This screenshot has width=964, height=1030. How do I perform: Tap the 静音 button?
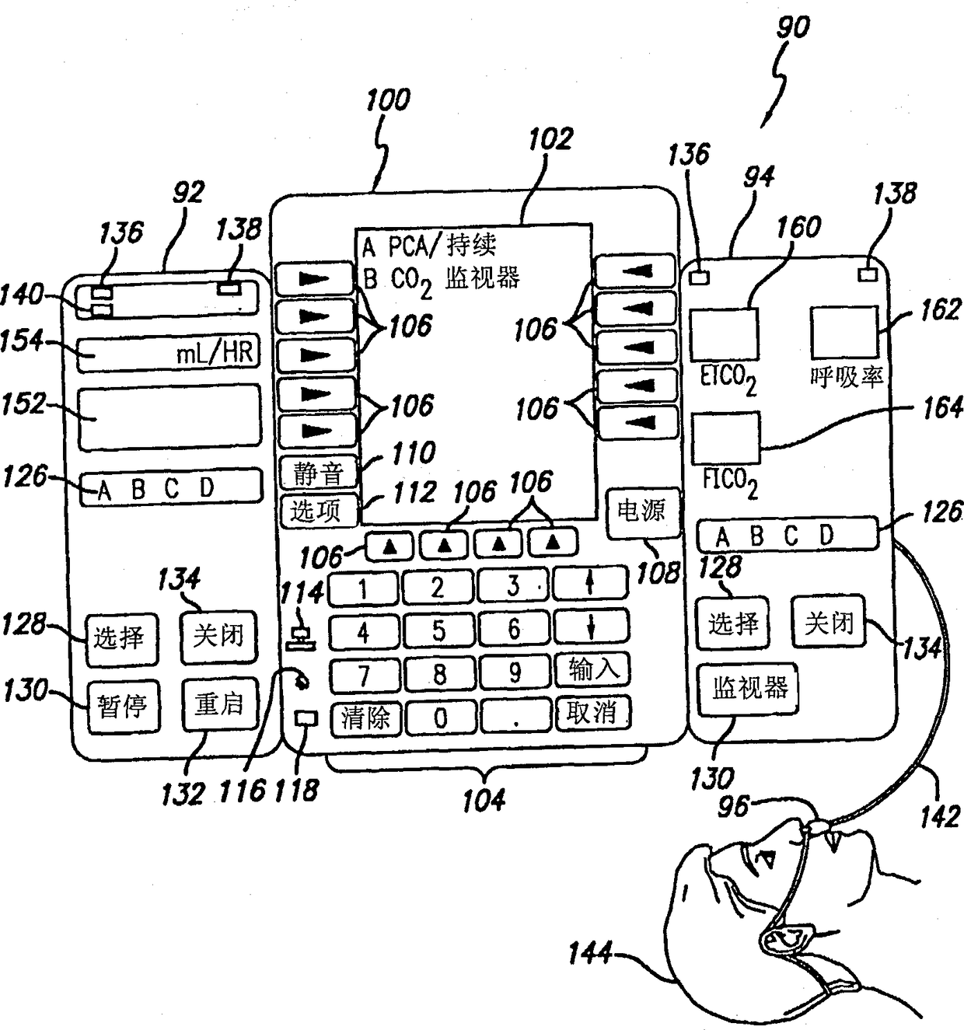[x=318, y=472]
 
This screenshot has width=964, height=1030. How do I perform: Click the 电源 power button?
[x=642, y=512]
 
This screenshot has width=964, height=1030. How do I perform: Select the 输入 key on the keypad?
[x=592, y=669]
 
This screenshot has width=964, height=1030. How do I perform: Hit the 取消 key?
[x=592, y=713]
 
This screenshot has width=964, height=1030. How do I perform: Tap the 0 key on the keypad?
[x=441, y=718]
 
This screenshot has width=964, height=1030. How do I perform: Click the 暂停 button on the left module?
[x=123, y=707]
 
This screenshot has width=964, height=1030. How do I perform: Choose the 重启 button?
[x=220, y=704]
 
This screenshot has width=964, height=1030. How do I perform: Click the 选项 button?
[x=318, y=512]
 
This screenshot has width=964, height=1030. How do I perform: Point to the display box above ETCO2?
[x=725, y=334]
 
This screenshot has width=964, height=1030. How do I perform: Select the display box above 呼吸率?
[x=845, y=332]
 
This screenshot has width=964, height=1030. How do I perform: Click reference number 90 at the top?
[x=793, y=26]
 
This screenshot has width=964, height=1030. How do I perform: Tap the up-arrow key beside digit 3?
[x=590, y=583]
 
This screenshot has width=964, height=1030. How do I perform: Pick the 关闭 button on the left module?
[x=218, y=637]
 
